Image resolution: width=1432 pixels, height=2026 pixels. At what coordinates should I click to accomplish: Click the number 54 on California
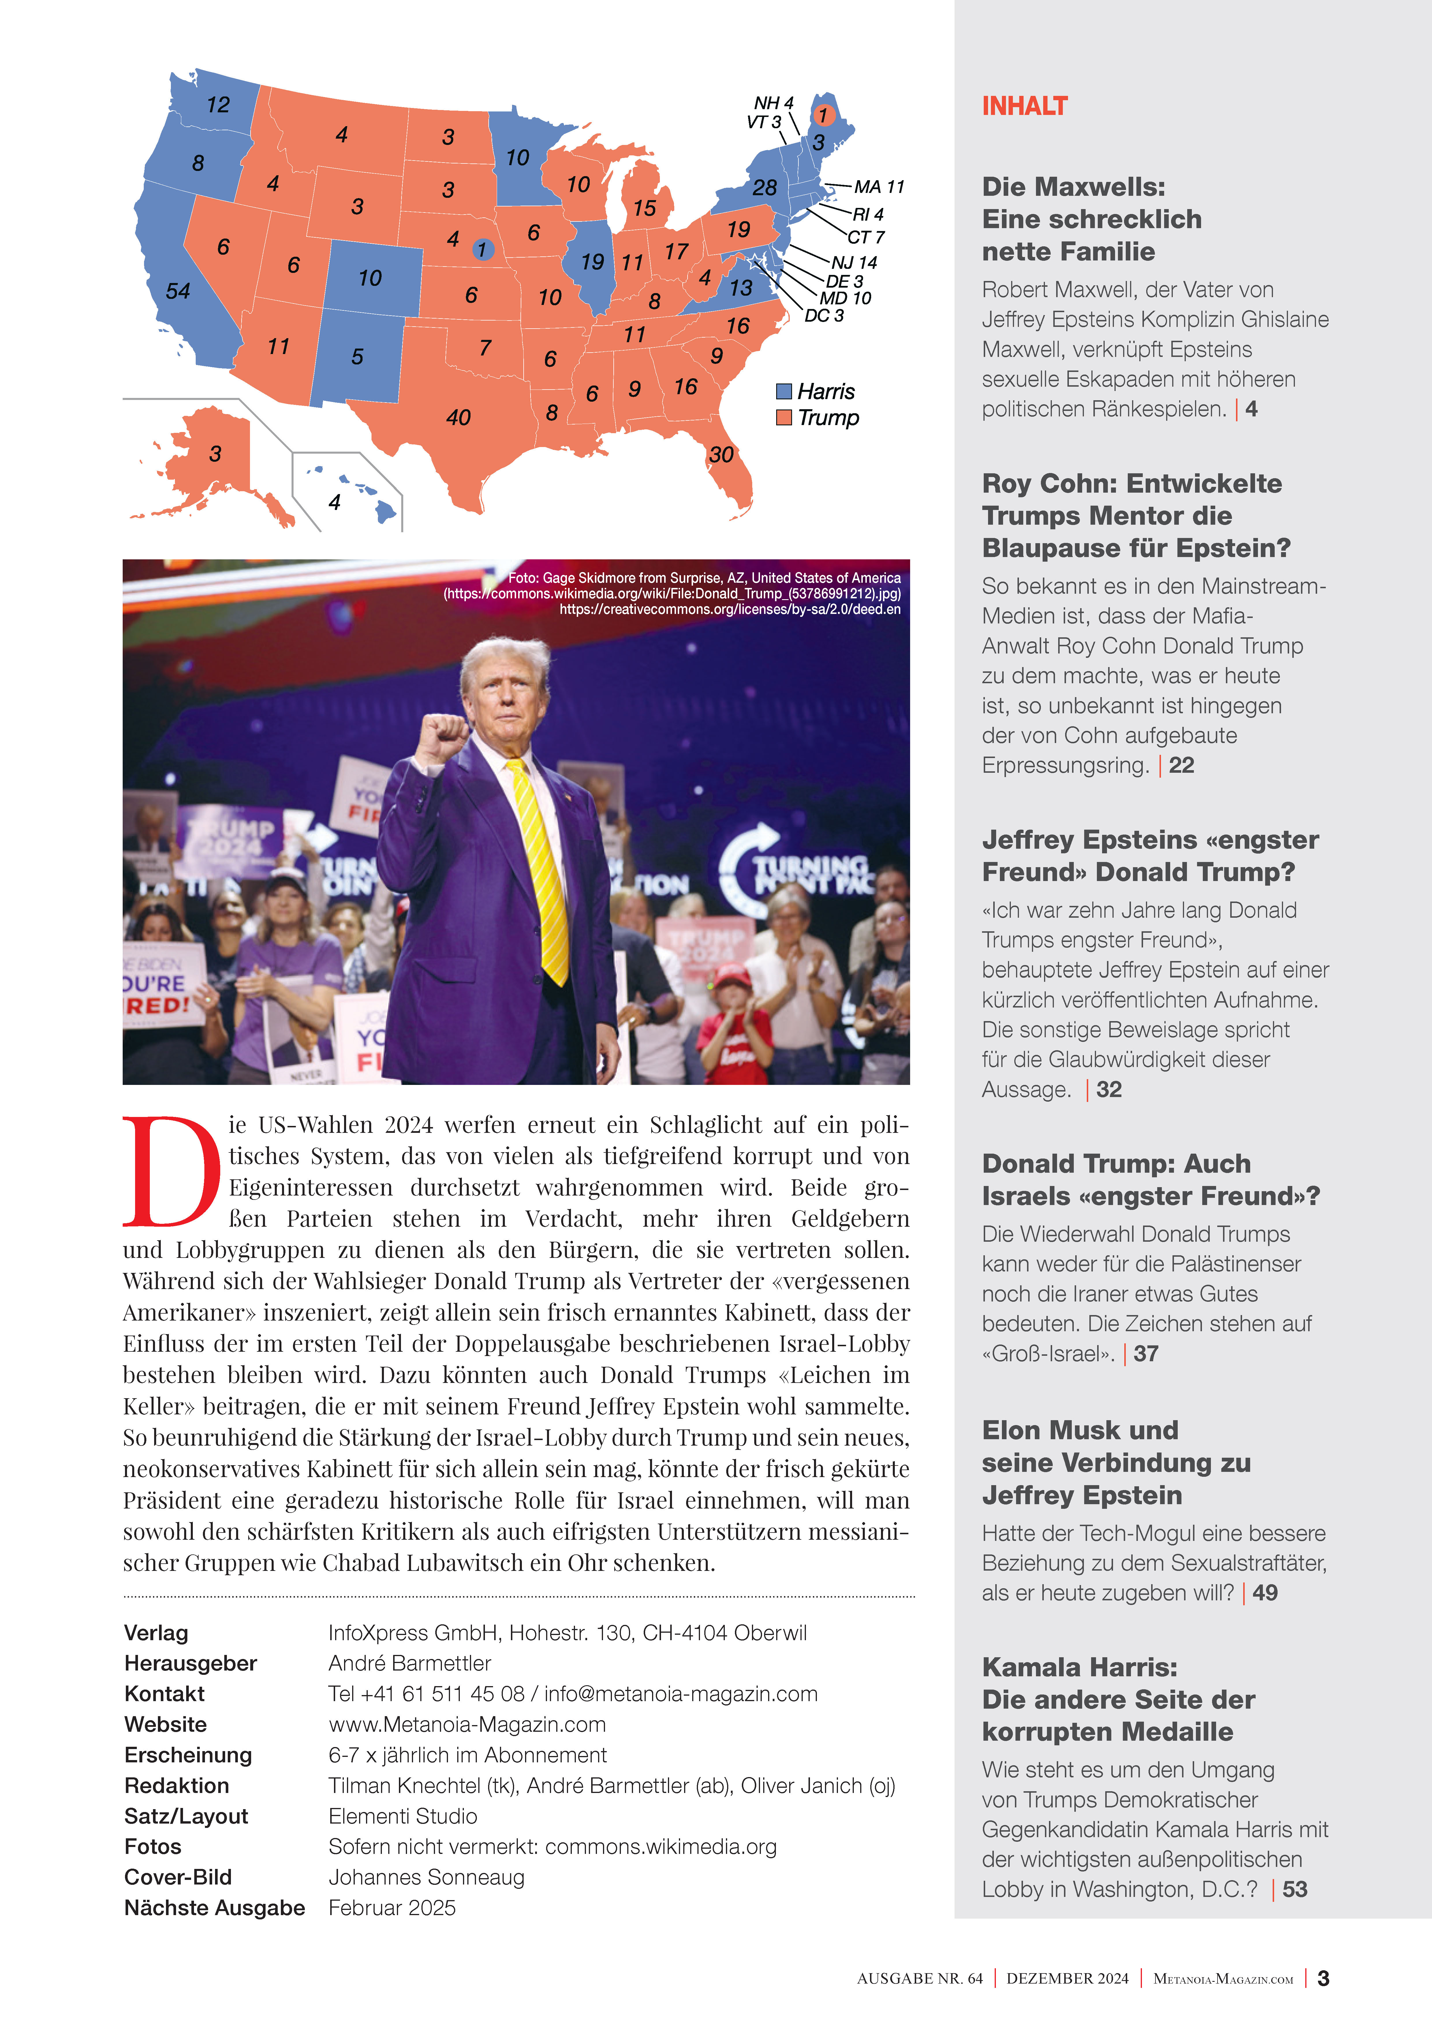(178, 291)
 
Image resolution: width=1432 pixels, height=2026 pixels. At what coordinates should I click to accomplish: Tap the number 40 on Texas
(458, 417)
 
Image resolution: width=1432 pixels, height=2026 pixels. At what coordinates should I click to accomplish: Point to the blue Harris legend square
(783, 391)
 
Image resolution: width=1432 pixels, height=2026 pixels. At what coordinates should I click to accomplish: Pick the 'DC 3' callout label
(824, 316)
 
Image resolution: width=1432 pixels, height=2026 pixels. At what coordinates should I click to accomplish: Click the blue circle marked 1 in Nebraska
(482, 250)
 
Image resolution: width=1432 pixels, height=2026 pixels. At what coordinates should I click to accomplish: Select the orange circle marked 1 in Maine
(822, 115)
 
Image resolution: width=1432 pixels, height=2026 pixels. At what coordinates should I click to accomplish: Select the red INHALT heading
(1024, 107)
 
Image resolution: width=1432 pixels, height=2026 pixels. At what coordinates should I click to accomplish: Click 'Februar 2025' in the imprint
(392, 1908)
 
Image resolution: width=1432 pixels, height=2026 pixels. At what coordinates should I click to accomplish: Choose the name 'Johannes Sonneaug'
(426, 1877)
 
